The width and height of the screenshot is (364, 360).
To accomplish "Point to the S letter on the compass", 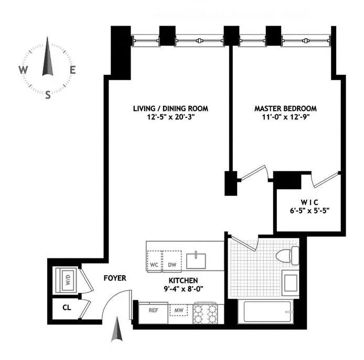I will point(48,95).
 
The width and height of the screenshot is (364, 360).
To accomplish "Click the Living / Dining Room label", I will point(170,108).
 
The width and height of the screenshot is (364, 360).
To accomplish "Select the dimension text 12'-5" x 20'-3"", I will point(170,118).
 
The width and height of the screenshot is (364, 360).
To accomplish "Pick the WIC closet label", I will point(309,202).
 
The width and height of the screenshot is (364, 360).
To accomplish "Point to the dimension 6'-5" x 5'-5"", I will point(309,211).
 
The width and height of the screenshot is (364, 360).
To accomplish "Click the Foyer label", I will point(114,278).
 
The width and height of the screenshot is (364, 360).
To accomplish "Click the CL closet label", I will point(67,308).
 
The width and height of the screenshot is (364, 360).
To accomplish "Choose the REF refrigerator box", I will point(153,310).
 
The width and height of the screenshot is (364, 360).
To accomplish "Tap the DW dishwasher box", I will point(172,264).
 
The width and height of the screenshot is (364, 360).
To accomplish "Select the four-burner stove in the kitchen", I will point(205,313).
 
